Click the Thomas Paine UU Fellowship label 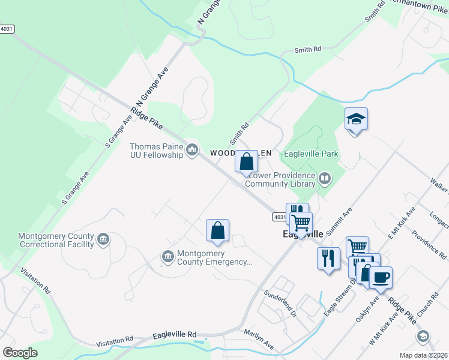click(x=156, y=151)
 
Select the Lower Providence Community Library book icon click(x=324, y=178)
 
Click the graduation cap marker click(x=356, y=119)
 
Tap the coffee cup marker click(x=380, y=278)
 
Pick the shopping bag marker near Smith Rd click(x=246, y=161)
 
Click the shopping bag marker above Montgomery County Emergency click(x=217, y=230)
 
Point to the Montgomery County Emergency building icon click(x=167, y=257)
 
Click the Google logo click(x=20, y=352)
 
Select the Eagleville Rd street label click(x=175, y=335)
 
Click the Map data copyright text click(x=424, y=355)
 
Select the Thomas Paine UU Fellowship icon click(x=192, y=149)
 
